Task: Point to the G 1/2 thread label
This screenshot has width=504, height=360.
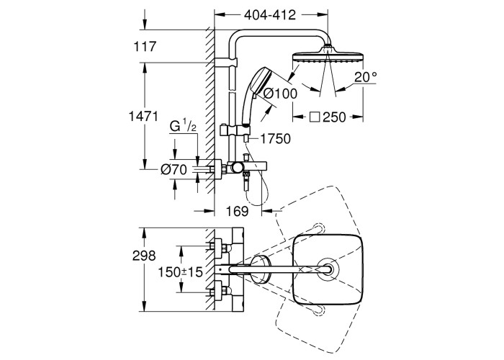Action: pyautogui.click(x=183, y=128)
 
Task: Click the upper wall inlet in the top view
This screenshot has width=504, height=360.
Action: pyautogui.click(x=216, y=248)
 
